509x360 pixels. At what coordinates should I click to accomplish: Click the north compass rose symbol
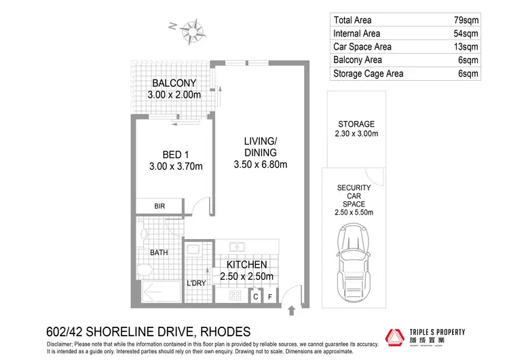[x=194, y=30]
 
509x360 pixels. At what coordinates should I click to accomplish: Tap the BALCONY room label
[x=174, y=84]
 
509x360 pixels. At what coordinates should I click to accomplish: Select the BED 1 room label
[x=174, y=154]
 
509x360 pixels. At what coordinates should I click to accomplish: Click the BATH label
[x=159, y=253]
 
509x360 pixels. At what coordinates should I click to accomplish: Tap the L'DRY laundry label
[x=195, y=283]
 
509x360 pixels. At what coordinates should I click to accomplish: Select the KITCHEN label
[x=246, y=264]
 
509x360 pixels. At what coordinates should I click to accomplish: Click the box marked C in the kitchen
[x=256, y=296]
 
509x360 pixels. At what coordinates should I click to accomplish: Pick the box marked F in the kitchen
[x=270, y=296]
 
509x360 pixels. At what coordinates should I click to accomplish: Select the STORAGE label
[x=356, y=124]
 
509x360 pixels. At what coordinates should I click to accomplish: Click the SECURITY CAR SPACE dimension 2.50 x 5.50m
[x=354, y=213]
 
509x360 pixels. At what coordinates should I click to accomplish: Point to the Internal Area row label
[x=356, y=34]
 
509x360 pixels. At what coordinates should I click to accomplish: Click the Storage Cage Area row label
[x=367, y=73]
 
